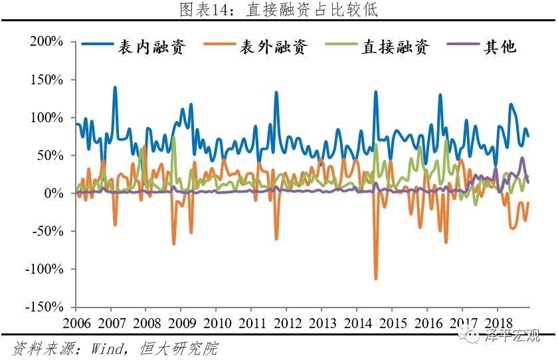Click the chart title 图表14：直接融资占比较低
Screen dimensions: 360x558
coord(278,10)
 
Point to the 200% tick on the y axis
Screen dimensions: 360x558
coord(46,42)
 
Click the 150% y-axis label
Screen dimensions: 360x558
coord(46,80)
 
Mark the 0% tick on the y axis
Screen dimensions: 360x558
coord(53,194)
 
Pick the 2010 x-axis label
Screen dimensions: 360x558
coord(217,323)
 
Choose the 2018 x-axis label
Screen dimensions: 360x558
coord(498,323)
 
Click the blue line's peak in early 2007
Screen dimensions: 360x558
coord(115,87)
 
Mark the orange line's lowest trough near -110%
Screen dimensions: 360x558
coord(375,278)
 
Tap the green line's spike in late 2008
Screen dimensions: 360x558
coord(173,137)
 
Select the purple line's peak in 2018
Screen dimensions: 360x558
coord(522,158)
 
